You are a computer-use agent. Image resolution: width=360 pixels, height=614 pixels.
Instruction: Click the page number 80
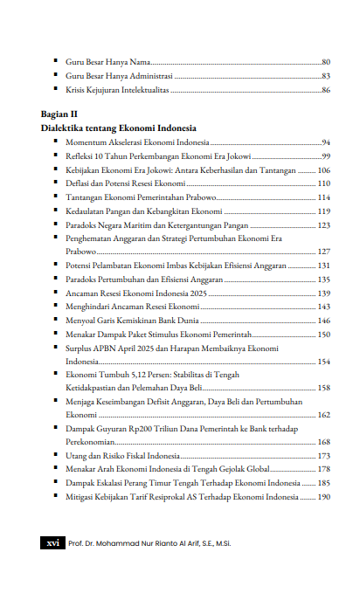point(325,63)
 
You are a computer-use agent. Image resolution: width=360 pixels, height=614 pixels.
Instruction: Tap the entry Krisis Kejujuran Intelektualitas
point(117,90)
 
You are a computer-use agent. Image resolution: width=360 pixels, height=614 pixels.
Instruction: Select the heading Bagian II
point(59,114)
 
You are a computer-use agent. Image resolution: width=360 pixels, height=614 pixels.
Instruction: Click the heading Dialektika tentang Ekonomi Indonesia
point(118,128)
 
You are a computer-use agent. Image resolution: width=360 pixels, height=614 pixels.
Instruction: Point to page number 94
point(325,141)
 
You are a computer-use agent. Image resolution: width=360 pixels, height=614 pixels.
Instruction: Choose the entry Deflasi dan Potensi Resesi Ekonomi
point(125,183)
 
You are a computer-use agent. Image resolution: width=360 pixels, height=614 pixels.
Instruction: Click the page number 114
point(323,197)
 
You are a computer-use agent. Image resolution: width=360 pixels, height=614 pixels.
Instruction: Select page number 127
point(323,251)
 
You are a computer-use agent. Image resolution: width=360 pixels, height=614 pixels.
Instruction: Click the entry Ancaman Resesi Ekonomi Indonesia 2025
point(136,293)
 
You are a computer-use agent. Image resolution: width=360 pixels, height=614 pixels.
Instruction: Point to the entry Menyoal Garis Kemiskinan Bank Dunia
point(134,321)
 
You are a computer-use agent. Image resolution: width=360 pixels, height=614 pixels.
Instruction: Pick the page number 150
point(323,335)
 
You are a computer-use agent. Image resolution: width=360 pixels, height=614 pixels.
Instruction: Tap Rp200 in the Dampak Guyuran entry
point(142,430)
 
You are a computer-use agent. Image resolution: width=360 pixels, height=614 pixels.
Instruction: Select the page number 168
point(323,442)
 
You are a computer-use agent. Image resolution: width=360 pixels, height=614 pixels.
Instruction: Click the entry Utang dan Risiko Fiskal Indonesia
point(123,456)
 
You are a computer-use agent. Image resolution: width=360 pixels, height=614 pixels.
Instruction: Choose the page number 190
point(323,497)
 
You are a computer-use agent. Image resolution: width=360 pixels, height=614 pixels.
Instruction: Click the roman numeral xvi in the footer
point(52,542)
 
